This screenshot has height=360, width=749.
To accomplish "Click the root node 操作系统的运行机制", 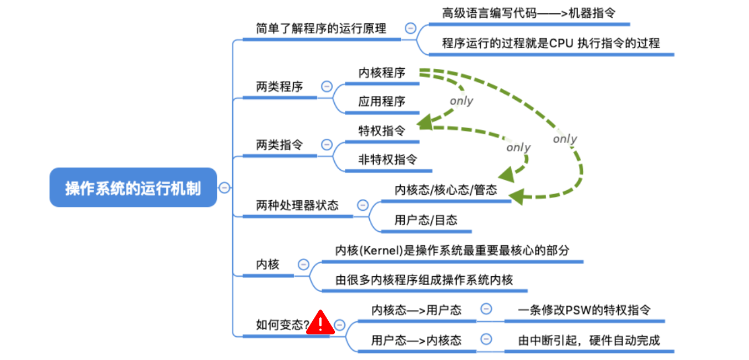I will (x=133, y=188).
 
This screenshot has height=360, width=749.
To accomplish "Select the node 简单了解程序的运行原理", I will (x=321, y=28).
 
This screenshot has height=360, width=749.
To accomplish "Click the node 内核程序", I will (x=381, y=73).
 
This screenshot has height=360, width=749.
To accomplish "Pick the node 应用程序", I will (x=381, y=102).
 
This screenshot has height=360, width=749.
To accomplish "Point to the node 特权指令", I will (x=381, y=131).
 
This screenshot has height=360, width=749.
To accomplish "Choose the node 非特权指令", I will (x=388, y=160).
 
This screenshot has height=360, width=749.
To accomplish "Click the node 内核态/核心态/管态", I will (x=446, y=190).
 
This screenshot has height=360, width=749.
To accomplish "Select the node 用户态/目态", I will (x=426, y=220).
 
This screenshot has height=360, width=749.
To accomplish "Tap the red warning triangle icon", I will (x=320, y=323).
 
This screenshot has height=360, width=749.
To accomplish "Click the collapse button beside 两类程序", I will (x=327, y=87).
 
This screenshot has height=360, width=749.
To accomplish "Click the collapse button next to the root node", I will (x=224, y=187).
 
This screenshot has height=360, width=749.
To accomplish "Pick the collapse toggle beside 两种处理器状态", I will (x=363, y=205).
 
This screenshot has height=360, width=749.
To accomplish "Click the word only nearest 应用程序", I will (x=461, y=101).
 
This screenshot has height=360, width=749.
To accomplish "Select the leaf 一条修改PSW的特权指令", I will (x=584, y=310).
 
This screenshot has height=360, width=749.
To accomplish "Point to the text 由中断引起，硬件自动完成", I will (x=589, y=340).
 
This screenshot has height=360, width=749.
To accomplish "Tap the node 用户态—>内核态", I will (x=416, y=340).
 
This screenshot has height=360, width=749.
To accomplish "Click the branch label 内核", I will (x=268, y=265).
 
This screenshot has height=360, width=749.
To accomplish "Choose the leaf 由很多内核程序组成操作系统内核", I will (x=424, y=280).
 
